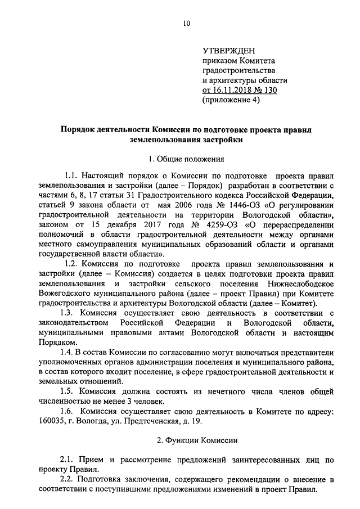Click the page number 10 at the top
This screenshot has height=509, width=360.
(x=187, y=23)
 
